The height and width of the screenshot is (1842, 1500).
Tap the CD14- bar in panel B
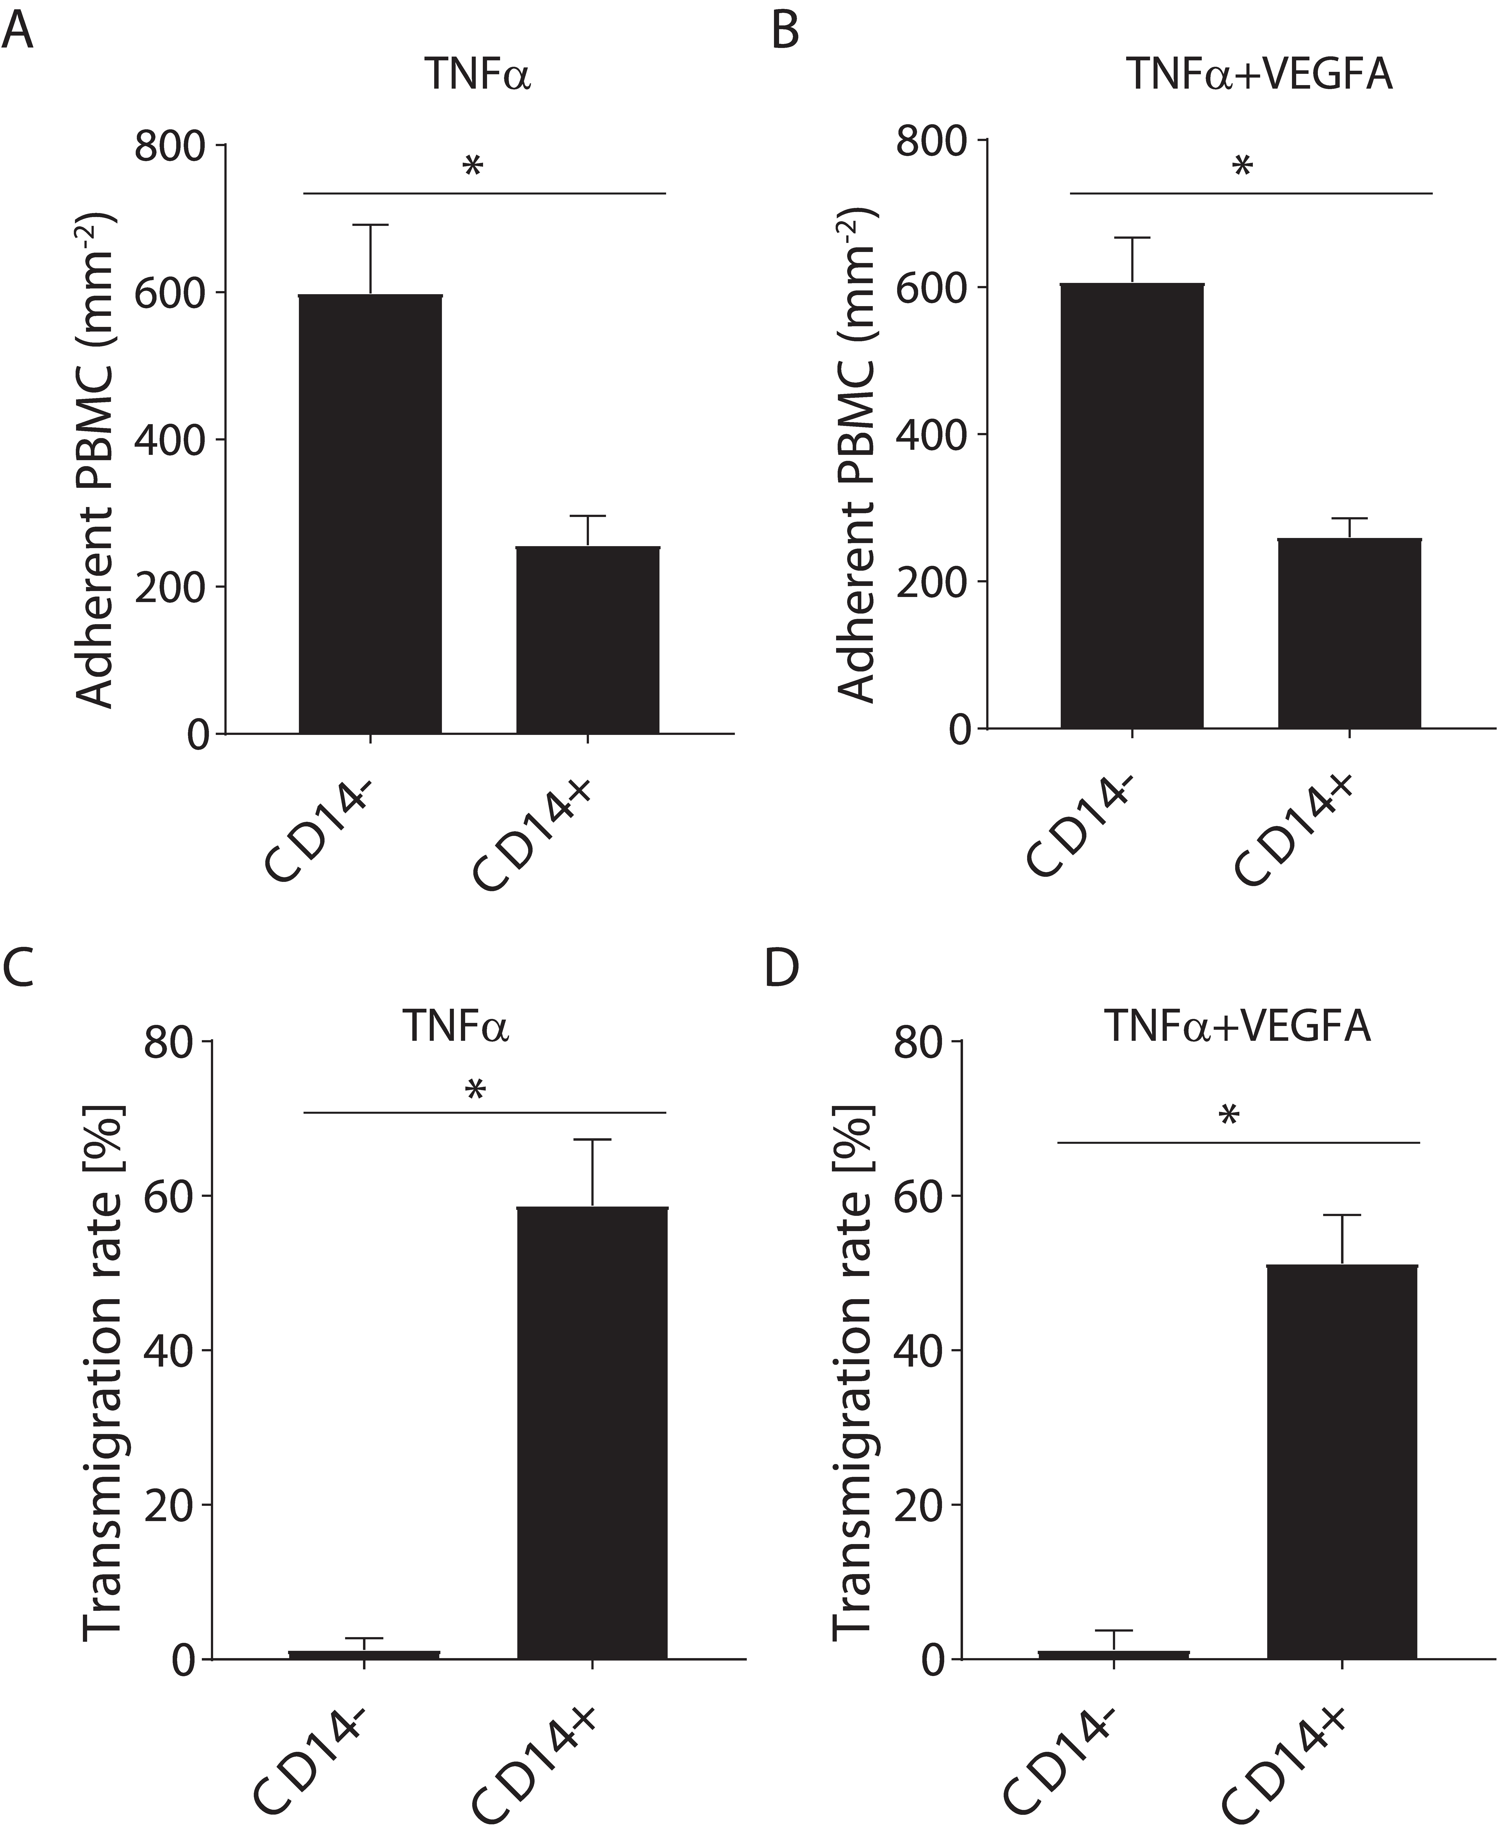point(1132,505)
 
